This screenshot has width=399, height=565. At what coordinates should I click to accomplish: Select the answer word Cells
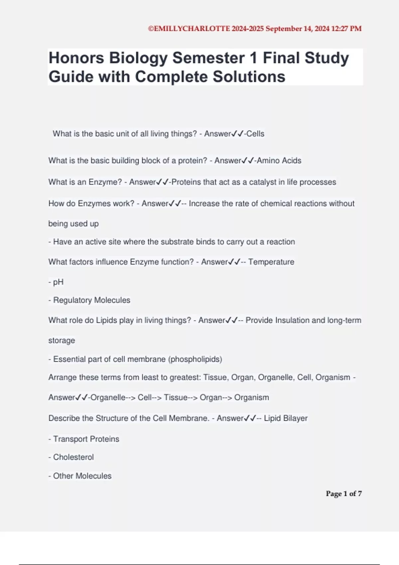pyautogui.click(x=255, y=134)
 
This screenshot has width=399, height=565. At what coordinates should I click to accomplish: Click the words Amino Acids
pyautogui.click(x=279, y=161)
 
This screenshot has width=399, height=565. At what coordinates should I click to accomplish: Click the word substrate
pyautogui.click(x=177, y=242)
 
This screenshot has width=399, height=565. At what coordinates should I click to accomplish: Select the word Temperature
pyautogui.click(x=271, y=262)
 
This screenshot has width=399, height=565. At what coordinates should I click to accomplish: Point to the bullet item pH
pyautogui.click(x=58, y=282)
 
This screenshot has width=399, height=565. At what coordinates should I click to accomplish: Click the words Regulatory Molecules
pyautogui.click(x=92, y=300)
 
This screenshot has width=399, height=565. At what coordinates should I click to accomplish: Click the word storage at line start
pyautogui.click(x=62, y=341)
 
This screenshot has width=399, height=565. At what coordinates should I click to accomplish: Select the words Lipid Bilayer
pyautogui.click(x=286, y=418)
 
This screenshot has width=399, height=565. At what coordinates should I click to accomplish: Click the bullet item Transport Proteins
pyautogui.click(x=86, y=439)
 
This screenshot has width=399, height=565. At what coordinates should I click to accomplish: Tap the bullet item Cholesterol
pyautogui.click(x=73, y=457)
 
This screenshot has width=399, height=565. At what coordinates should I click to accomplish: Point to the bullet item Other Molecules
pyautogui.click(x=82, y=476)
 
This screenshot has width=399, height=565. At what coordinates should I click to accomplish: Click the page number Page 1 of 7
pyautogui.click(x=343, y=494)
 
